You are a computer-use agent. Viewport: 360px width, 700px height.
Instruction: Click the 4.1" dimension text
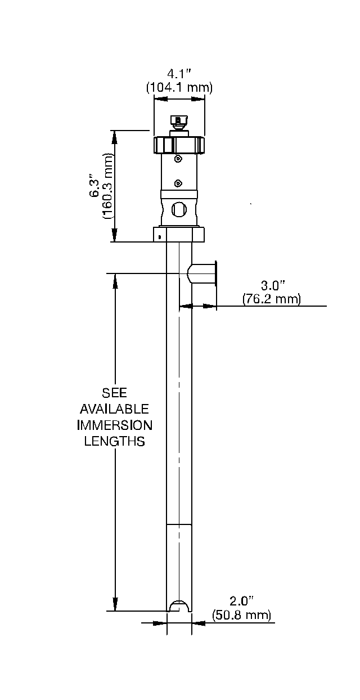point(179,73)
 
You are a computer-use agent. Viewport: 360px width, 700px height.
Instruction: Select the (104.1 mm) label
point(179,87)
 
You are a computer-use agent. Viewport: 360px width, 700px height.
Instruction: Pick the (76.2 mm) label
point(271,299)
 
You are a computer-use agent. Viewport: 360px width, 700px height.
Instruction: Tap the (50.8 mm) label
point(241,615)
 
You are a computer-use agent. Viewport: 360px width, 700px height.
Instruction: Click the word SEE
point(115,392)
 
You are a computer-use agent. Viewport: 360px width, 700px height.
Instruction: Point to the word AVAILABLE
point(115,408)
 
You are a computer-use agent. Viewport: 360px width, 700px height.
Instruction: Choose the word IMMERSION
point(115,424)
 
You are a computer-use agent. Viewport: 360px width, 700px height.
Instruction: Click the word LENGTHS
point(115,441)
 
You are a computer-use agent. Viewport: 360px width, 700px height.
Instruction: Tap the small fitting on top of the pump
point(179,123)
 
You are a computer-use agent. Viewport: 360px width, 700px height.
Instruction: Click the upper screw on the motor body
point(178,159)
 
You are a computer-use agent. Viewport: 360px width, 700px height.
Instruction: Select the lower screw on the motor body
point(178,183)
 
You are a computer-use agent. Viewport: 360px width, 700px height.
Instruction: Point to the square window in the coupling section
point(178,209)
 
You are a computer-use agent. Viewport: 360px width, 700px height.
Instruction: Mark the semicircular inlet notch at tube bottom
point(179,606)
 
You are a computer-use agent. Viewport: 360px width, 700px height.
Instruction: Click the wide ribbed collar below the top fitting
point(179,145)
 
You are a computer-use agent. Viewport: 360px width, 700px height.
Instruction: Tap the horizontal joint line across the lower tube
point(179,524)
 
